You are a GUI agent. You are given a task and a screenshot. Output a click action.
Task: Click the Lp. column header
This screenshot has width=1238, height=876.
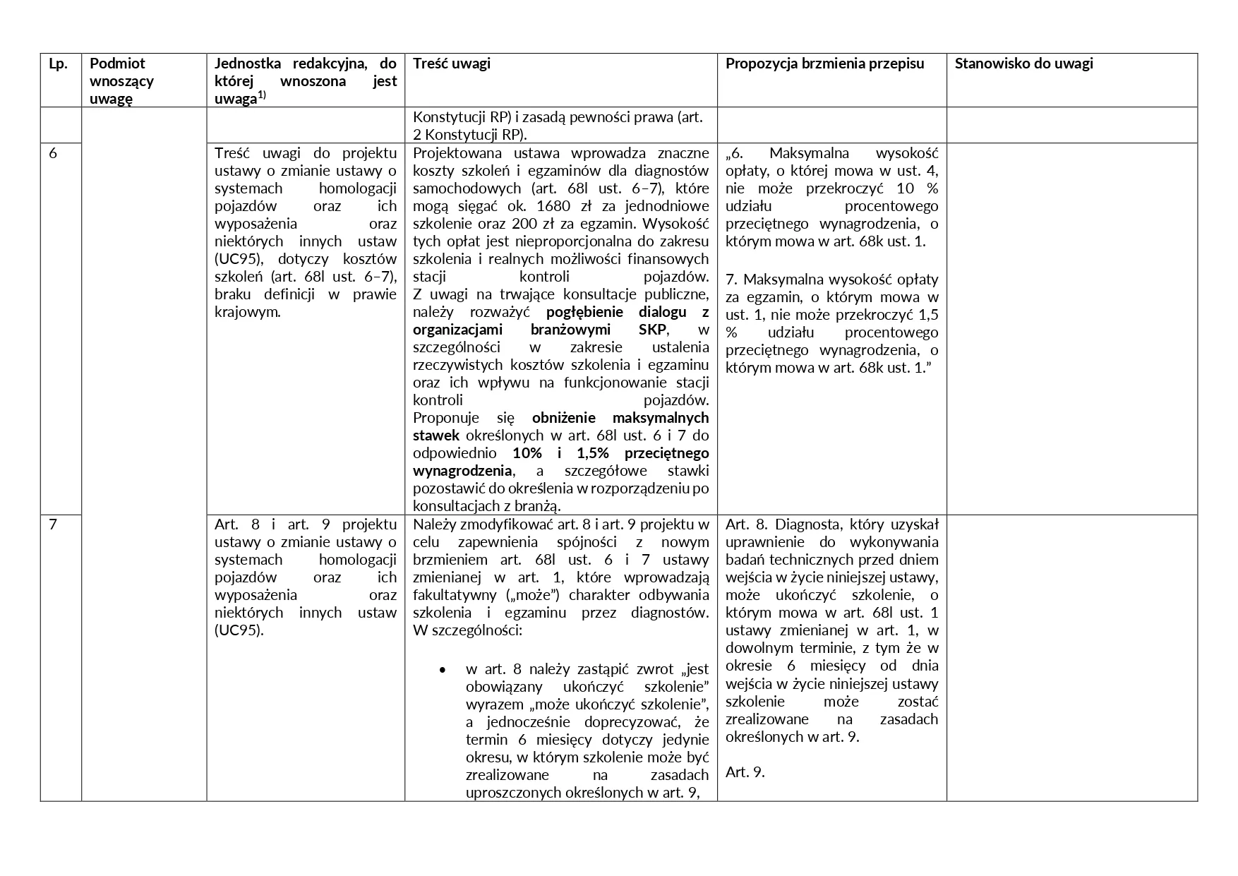58,64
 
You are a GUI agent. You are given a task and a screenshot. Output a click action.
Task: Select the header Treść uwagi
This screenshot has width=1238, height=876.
451,64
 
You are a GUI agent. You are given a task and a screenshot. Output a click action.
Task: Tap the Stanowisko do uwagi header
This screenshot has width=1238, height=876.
1023,64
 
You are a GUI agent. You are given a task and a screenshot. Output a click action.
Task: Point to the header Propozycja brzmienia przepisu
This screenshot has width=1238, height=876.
824,64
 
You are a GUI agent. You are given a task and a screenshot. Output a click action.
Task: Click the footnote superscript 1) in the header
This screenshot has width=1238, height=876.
262,95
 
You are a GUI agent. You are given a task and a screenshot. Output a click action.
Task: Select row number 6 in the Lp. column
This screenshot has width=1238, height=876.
54,153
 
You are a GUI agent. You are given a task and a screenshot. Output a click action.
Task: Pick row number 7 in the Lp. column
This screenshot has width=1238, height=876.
53,524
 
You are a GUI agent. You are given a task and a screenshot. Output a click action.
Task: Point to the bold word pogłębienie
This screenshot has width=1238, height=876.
589,312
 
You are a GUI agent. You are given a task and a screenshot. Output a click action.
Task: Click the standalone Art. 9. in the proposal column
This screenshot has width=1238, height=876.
745,772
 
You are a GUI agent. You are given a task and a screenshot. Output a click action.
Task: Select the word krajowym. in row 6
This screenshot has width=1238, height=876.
247,312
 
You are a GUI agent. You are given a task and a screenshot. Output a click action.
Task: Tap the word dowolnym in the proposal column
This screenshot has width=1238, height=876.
756,648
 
